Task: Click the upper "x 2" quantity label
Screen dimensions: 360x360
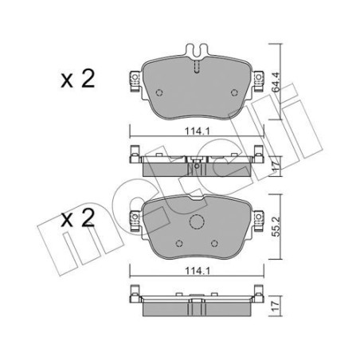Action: click(80, 80)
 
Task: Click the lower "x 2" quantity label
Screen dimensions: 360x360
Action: click(80, 217)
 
